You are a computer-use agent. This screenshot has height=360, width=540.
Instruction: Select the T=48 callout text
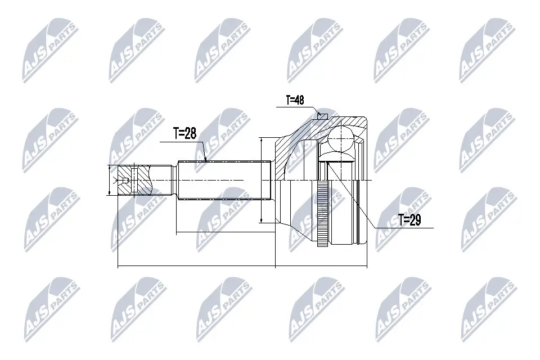pos(295,100)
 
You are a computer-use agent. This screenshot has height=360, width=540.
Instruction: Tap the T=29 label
pos(409,220)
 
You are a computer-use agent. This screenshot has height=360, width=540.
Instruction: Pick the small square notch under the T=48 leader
pos(322,116)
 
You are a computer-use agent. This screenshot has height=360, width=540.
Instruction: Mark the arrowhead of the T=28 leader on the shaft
pos(206,160)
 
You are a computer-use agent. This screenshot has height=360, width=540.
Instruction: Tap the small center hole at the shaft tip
pos(125,180)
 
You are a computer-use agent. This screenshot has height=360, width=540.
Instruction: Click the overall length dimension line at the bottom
pos(242,266)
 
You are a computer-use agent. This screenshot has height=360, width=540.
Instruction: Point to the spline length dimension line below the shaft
pos(225,232)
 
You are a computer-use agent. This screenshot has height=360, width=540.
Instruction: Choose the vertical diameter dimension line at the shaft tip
pos(109,180)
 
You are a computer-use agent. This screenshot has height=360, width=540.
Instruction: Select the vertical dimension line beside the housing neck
pos(262,180)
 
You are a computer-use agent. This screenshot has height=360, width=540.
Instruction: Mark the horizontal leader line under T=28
pos(180,141)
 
